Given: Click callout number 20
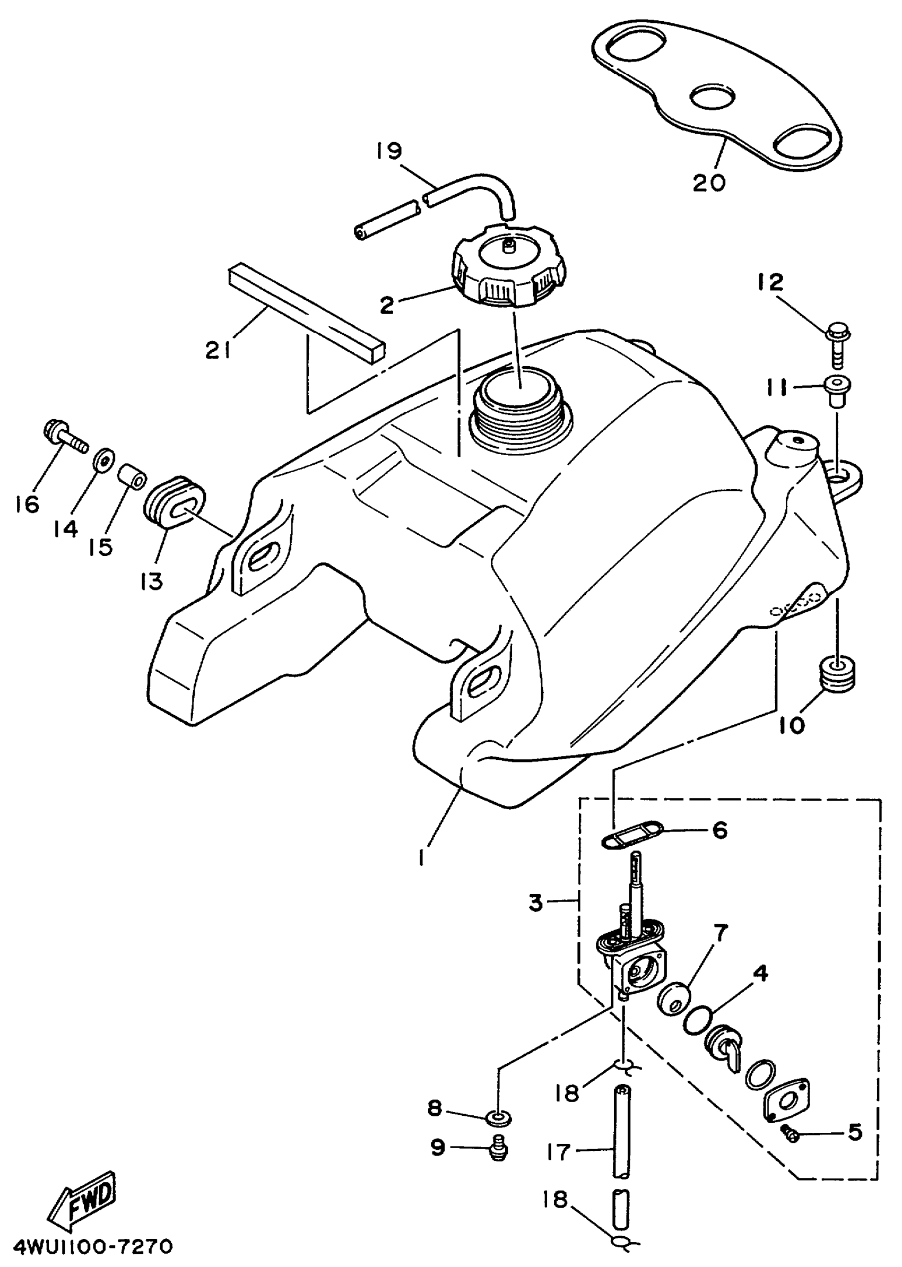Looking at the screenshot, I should click(x=709, y=181).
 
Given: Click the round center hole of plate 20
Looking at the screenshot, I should click(x=712, y=98).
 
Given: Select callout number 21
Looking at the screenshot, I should click(x=218, y=350).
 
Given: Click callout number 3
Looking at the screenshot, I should click(x=535, y=902).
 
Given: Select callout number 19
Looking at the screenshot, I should click(x=389, y=151).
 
